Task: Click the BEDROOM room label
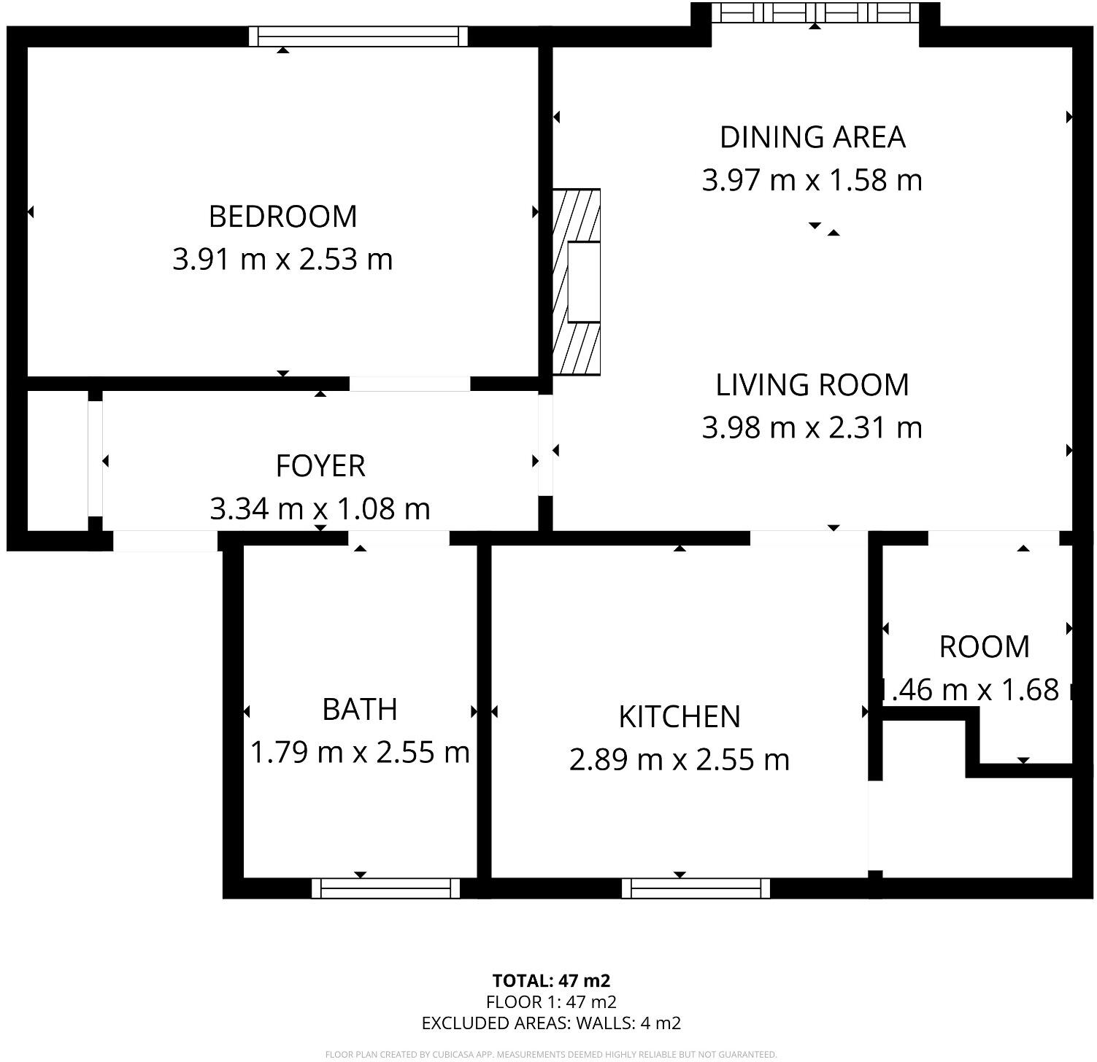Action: pyautogui.click(x=282, y=217)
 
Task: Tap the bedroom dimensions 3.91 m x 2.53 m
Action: pyautogui.click(x=282, y=260)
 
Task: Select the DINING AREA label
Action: pyautogui.click(x=812, y=137)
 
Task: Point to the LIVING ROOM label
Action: pyautogui.click(x=812, y=385)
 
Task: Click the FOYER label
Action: pyautogui.click(x=320, y=466)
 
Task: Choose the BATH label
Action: pyautogui.click(x=360, y=710)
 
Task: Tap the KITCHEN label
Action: pyautogui.click(x=680, y=717)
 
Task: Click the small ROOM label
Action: pyautogui.click(x=984, y=647)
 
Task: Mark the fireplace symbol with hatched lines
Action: pyautogui.click(x=577, y=282)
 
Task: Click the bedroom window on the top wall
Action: pyautogui.click(x=358, y=36)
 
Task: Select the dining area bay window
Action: pyautogui.click(x=815, y=13)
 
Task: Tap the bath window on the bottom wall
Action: pyautogui.click(x=386, y=888)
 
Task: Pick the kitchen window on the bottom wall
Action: pyautogui.click(x=696, y=888)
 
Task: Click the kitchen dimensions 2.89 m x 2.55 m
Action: pyautogui.click(x=680, y=760)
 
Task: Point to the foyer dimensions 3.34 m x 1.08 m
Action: pyautogui.click(x=320, y=509)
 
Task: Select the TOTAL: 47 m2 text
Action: pyautogui.click(x=551, y=981)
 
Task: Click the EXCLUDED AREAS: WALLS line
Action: pyautogui.click(x=551, y=1023)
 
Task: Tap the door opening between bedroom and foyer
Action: pyautogui.click(x=409, y=384)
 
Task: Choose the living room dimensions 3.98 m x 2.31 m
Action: pyautogui.click(x=812, y=428)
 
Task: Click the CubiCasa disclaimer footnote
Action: pyautogui.click(x=551, y=1054)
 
